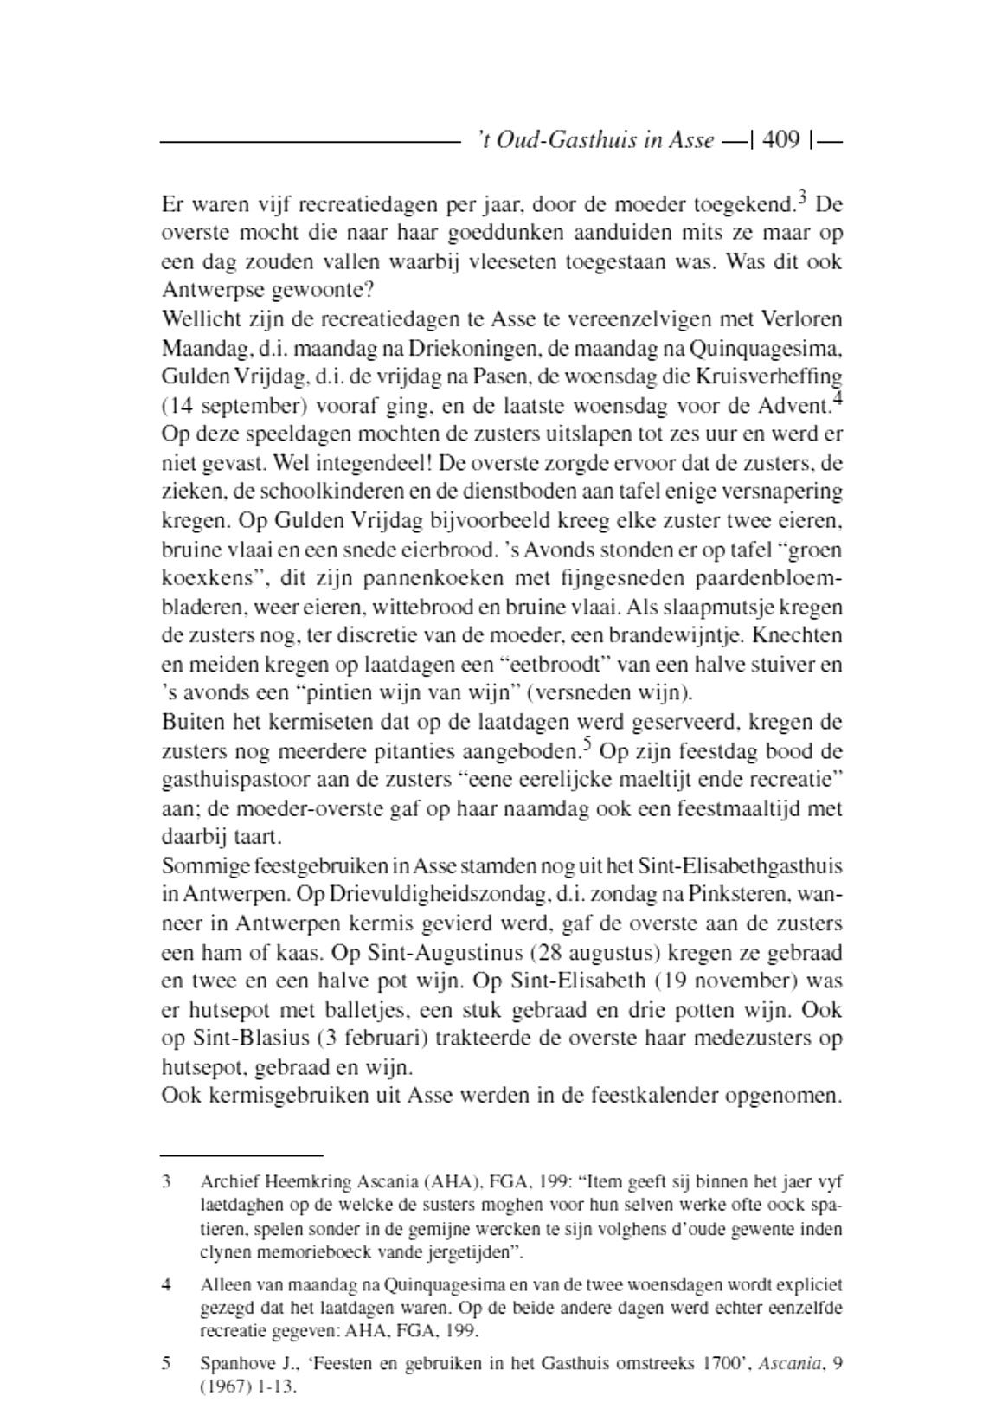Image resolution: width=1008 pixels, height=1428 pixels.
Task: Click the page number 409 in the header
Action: click(782, 140)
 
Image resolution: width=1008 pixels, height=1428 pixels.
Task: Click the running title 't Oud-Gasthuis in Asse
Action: click(596, 140)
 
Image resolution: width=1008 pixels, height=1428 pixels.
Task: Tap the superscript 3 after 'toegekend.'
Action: click(802, 198)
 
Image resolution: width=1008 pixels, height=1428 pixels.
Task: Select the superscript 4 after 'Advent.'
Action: click(837, 399)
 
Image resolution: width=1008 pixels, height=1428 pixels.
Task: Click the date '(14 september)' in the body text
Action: click(220, 406)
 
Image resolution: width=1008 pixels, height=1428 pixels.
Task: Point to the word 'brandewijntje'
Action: click(676, 635)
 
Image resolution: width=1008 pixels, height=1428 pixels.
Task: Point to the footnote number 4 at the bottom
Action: click(166, 1285)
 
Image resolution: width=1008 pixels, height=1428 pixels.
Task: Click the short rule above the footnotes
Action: click(241, 1155)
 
